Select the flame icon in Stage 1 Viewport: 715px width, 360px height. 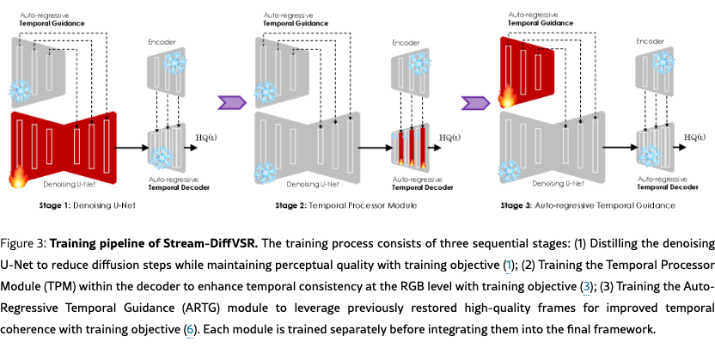point(18,178)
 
